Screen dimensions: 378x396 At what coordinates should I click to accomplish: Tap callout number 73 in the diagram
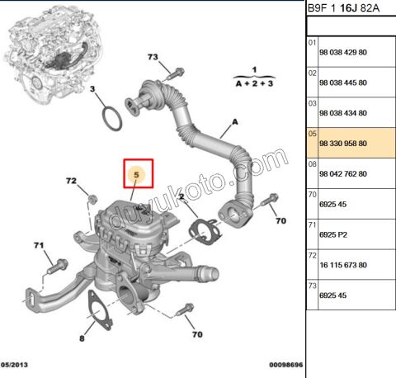(153, 57)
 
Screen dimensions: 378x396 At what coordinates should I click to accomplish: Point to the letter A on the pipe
(234, 122)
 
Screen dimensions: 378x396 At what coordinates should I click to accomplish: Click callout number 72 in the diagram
(71, 181)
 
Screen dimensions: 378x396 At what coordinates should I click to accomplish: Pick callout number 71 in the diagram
(38, 245)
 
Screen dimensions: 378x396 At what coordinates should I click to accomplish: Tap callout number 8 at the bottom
(82, 338)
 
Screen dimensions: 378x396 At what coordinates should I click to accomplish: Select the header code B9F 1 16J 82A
(345, 9)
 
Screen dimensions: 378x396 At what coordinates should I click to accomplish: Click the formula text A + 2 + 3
(255, 83)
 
